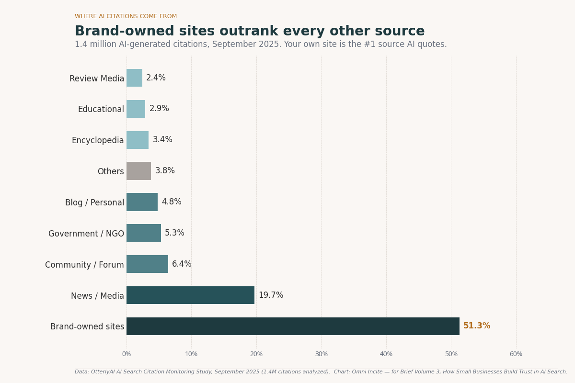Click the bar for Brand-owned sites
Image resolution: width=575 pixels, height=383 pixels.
coord(293,326)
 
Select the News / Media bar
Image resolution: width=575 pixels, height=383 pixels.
coord(190,295)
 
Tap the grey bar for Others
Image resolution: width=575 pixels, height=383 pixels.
coord(138,171)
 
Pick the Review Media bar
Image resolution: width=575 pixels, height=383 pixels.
coord(134,78)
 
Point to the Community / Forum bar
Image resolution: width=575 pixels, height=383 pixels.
coord(147,264)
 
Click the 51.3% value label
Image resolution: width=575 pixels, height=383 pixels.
coord(477,326)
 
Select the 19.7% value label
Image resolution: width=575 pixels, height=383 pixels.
coord(271,295)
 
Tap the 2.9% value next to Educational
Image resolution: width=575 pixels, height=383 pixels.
coord(159,109)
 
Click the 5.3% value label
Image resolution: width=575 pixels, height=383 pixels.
coord(174,233)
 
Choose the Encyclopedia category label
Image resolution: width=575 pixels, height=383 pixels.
coord(98,140)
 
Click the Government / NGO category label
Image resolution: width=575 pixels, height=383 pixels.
coord(86,234)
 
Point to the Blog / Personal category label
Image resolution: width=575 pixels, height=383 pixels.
coord(94,203)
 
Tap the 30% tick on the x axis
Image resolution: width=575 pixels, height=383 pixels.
coord(321,354)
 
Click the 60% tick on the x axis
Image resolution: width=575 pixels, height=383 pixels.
coord(516,354)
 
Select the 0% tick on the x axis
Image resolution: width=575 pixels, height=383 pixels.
coord(126,354)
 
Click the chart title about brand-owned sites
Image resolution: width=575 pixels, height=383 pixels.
coord(250,32)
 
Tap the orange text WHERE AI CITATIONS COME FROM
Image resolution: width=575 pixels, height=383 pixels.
coord(126,16)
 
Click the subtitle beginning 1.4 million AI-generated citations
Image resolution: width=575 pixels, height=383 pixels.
coord(261,45)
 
